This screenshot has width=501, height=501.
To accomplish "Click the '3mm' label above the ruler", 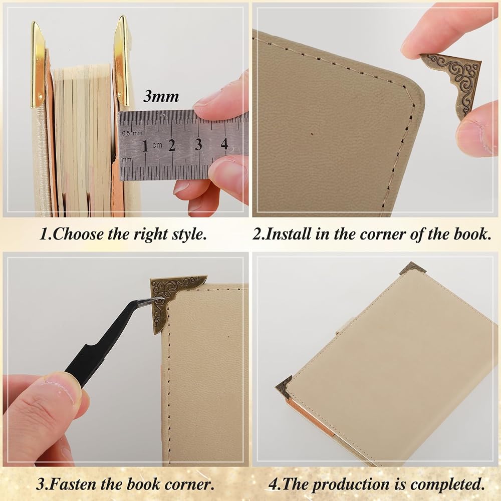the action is pyautogui.click(x=161, y=96).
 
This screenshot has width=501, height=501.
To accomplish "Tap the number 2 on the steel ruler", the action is pyautogui.click(x=172, y=145).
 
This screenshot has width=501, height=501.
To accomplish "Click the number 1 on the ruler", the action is pyautogui.click(x=145, y=146).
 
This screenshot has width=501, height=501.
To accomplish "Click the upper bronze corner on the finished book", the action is pyautogui.click(x=413, y=268).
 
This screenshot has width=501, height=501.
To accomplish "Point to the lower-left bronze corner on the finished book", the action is pyautogui.click(x=284, y=387).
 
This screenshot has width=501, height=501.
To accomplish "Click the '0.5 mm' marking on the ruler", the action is pyautogui.click(x=132, y=133).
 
